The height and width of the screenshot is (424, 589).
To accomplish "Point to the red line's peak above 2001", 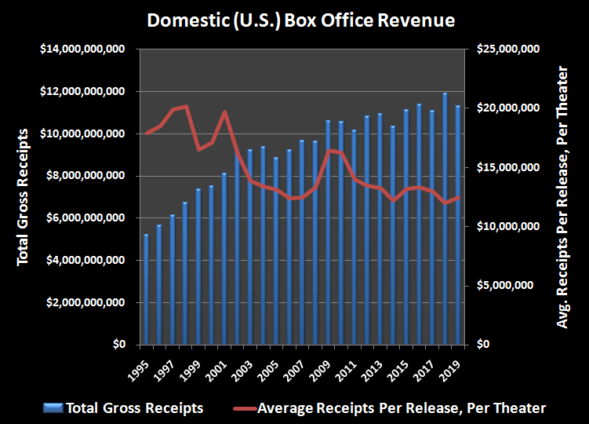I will [x=225, y=112].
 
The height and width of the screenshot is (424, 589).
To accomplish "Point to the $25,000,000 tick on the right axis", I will [x=505, y=49].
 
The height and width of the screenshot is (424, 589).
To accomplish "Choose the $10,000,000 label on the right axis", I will [x=505, y=227].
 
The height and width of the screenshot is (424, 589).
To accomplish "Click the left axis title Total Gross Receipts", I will [x=23, y=196].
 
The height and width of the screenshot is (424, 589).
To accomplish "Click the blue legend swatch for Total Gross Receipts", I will [x=54, y=408].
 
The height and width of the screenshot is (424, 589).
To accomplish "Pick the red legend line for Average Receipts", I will [x=243, y=408].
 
